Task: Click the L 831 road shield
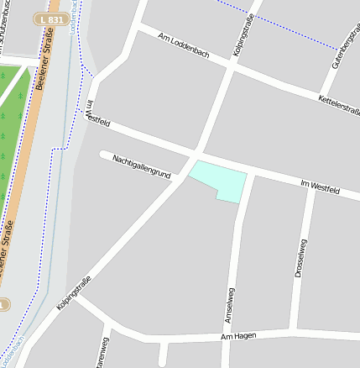click(x=53, y=18)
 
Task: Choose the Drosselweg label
click(x=300, y=258)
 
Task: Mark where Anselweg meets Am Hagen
click(x=226, y=338)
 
